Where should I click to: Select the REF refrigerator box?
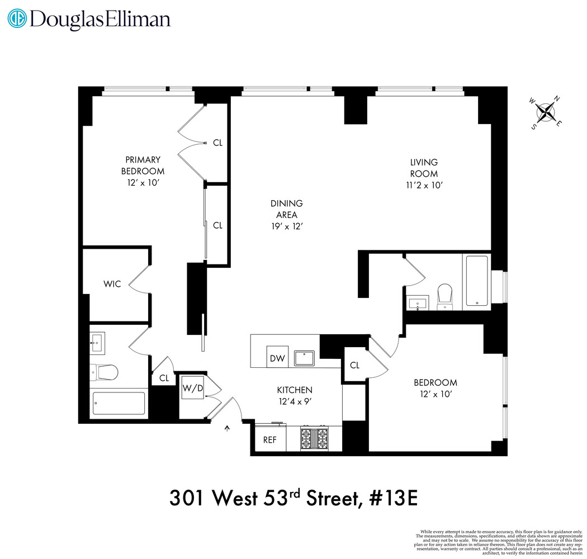270,439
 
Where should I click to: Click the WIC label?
112,285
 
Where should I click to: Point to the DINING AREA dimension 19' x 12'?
287,226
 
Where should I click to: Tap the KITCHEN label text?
295,390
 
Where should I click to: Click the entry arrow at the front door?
227,429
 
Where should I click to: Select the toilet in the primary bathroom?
105,371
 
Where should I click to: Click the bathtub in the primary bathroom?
119,403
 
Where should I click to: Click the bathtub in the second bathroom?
476,281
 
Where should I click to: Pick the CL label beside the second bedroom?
354,365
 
